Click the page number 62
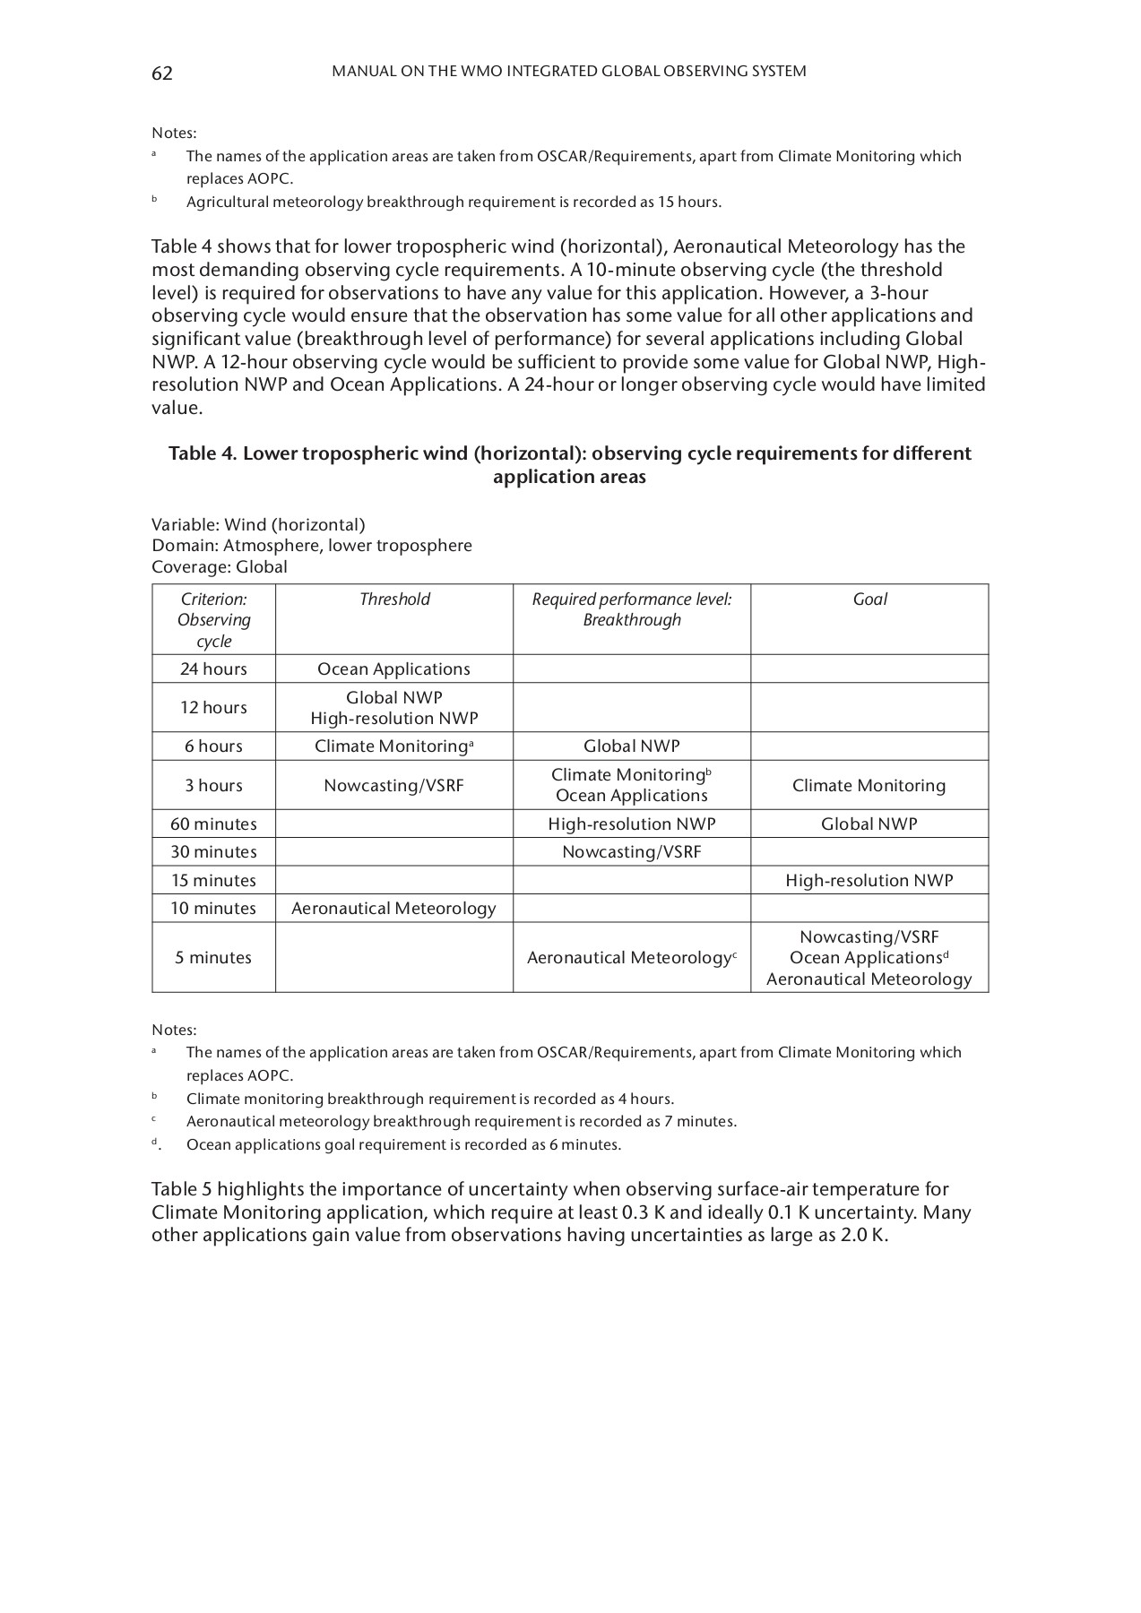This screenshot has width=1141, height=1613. coord(162,73)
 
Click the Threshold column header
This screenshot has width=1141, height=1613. coord(394,599)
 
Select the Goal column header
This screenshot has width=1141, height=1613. coord(869,599)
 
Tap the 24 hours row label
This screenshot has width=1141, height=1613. coord(213,669)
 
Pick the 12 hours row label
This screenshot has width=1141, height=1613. coord(213,708)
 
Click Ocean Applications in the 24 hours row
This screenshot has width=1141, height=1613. coord(393,669)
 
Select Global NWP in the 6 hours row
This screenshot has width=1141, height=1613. coord(631,746)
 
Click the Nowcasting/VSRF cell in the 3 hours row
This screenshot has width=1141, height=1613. coord(393,786)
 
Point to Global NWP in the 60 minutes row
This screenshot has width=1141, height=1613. coord(869,824)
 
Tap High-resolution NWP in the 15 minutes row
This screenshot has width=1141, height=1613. coord(869,881)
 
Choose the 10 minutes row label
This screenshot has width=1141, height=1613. coord(213,909)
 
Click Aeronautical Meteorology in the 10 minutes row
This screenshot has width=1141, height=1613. coord(393,909)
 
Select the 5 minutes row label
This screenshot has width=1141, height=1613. coord(213,958)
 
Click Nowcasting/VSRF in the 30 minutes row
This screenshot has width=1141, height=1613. coord(631,852)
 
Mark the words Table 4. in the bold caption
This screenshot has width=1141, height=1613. coord(203,453)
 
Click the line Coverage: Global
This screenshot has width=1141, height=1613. coord(220,567)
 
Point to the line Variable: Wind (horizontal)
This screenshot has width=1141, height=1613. coord(258,525)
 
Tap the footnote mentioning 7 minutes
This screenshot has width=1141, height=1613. coord(461,1122)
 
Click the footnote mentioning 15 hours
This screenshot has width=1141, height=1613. coord(454,203)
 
